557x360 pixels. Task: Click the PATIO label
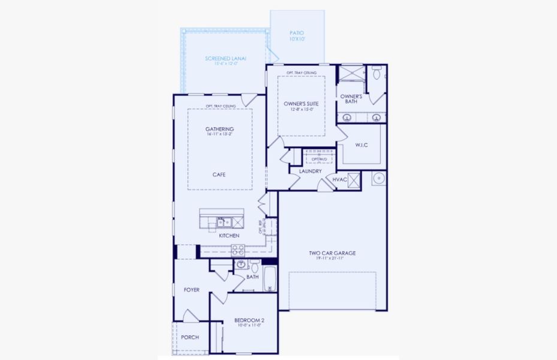[x=297, y=33]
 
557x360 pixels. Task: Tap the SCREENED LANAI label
[x=226, y=58]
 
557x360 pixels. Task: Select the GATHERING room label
[x=219, y=129]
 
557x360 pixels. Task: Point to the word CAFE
[x=219, y=175]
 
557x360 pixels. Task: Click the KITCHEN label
[x=229, y=236]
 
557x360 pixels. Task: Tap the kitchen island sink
[x=223, y=223]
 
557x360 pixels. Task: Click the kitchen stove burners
[x=237, y=250]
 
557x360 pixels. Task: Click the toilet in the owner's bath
[x=377, y=73]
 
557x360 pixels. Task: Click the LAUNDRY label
[x=310, y=171]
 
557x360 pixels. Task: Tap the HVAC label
[x=340, y=179]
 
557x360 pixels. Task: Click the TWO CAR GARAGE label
[x=332, y=253]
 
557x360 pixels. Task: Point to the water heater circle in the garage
[x=379, y=178]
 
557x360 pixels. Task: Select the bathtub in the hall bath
[x=270, y=278]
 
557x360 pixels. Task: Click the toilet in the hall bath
[x=254, y=266]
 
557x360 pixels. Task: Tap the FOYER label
[x=191, y=290]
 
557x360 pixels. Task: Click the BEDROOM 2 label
[x=249, y=320]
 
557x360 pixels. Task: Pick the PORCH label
[x=190, y=337]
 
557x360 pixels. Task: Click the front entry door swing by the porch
[x=191, y=316]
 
